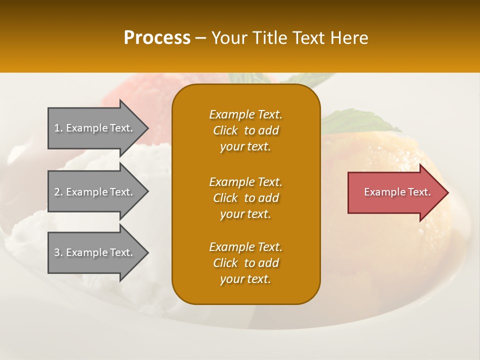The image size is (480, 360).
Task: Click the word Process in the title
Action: tap(157, 38)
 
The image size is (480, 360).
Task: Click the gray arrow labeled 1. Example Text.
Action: tap(98, 128)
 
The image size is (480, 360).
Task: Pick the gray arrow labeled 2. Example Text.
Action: tap(98, 191)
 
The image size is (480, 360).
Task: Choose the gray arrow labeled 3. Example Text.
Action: tap(98, 252)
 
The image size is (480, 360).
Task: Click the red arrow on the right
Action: tap(398, 192)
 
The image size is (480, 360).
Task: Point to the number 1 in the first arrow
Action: tap(57, 128)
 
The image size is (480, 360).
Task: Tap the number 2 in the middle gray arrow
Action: tap(57, 192)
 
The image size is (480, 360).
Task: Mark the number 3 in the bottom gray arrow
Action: tap(57, 252)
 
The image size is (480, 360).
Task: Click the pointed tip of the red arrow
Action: tap(449, 192)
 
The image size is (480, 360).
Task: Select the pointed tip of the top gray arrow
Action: tap(149, 128)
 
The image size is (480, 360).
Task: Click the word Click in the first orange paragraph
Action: tap(225, 130)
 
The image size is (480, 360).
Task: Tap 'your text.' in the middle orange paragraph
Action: tap(245, 214)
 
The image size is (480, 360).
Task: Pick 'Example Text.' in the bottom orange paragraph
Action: tap(246, 246)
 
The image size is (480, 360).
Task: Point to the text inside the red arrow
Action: tap(397, 192)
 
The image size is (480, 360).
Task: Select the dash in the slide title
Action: tap(200, 39)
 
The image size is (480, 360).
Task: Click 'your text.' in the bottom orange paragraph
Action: tap(245, 279)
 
